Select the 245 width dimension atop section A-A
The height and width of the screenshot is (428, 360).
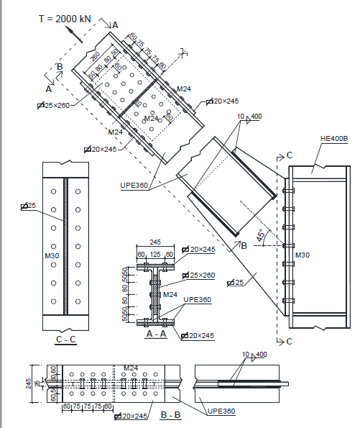click(x=154, y=242)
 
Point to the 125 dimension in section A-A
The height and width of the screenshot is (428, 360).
click(x=154, y=255)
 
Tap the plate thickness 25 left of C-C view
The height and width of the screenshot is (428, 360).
click(x=30, y=206)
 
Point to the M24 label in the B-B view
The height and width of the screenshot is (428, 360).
click(x=131, y=369)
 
